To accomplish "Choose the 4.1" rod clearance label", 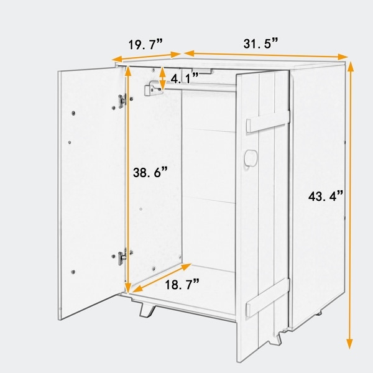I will coord(185,78).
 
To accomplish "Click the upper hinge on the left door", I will coord(122,99).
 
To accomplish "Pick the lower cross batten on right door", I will coord(267,302).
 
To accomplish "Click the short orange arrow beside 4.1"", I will coord(162,78).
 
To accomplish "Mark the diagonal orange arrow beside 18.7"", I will coord(160,279).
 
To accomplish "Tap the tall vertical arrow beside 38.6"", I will coord(128,180).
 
